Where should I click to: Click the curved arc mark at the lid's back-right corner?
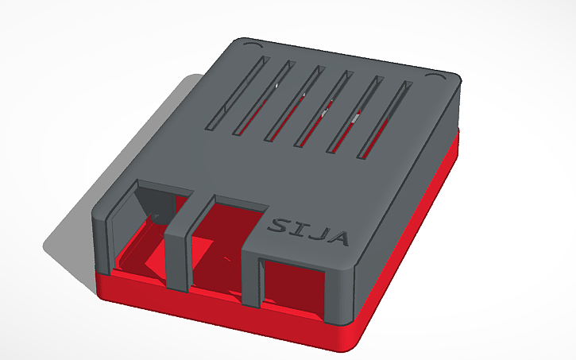tap(435, 76)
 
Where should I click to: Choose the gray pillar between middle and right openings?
tap(249, 278)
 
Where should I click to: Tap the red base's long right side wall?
tap(413, 238)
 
